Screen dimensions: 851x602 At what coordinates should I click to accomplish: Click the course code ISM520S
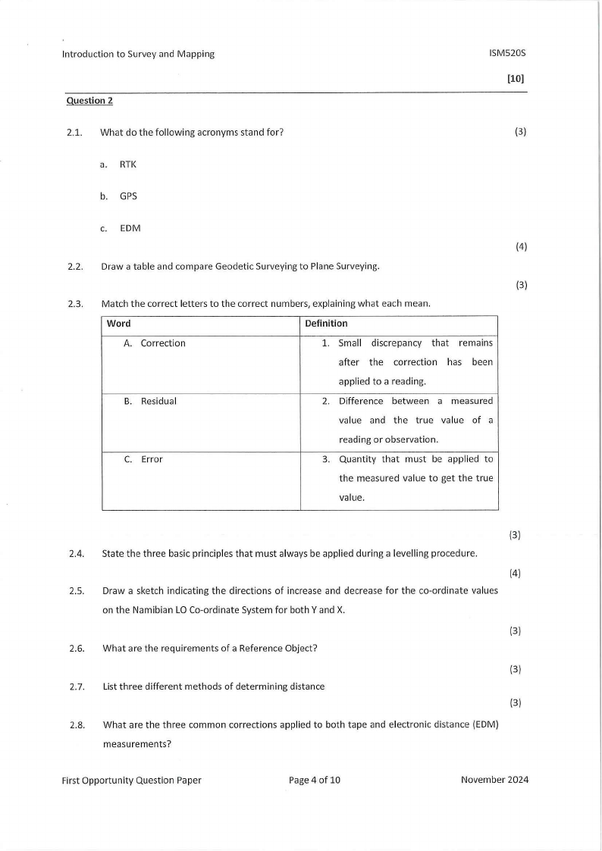507,54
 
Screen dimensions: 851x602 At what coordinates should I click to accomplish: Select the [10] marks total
515,77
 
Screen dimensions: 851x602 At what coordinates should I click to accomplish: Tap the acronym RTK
128,164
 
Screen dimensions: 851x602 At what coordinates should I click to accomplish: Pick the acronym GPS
128,196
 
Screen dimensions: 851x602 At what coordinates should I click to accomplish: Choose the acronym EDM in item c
130,228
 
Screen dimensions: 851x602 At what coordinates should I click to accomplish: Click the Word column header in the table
119,324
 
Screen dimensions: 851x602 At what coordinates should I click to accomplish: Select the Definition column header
326,324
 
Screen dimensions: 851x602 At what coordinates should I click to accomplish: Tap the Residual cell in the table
158,401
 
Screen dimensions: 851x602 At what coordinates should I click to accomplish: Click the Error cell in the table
152,459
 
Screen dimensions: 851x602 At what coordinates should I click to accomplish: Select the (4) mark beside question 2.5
515,573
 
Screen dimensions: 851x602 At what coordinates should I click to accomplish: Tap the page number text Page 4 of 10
315,780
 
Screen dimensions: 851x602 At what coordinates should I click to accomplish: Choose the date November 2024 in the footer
494,780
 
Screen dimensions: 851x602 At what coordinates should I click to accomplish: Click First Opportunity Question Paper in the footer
131,780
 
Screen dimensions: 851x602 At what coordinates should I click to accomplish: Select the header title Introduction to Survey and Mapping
138,54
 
